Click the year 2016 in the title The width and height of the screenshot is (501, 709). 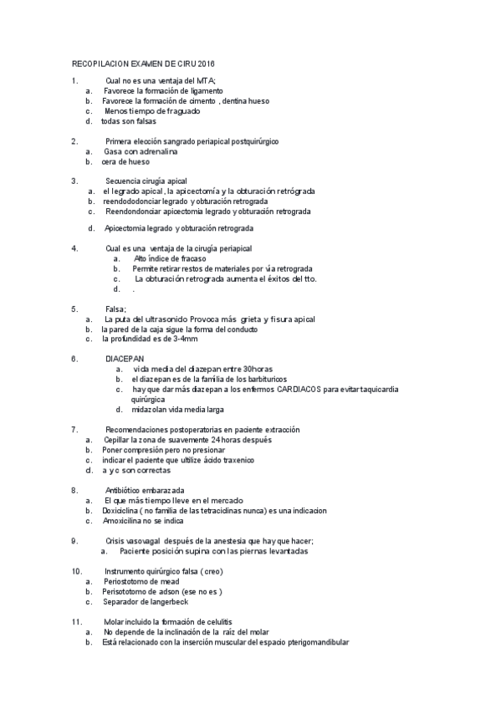pyautogui.click(x=217, y=64)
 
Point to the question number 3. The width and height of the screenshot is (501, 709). pyautogui.click(x=75, y=181)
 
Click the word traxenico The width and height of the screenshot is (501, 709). pyautogui.click(x=235, y=460)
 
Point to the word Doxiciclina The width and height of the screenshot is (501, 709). pyautogui.click(x=121, y=509)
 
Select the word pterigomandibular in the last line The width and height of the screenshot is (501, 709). pyautogui.click(x=314, y=642)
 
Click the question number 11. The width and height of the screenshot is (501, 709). pyautogui.click(x=76, y=621)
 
